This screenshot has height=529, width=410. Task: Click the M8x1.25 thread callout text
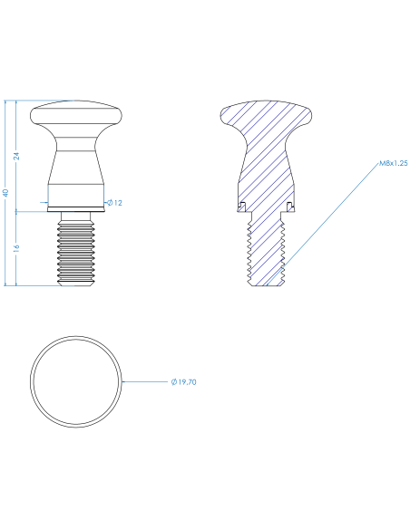393,163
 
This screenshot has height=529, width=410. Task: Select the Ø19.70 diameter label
184,382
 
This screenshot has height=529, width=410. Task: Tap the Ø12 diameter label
115,203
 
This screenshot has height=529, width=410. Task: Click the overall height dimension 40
5,193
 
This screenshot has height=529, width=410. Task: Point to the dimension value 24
16,156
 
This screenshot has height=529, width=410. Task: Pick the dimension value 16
16,248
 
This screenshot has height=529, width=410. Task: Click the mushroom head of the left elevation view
76,116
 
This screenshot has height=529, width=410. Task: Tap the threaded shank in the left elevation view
76,251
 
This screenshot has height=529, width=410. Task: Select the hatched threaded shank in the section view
266,249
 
